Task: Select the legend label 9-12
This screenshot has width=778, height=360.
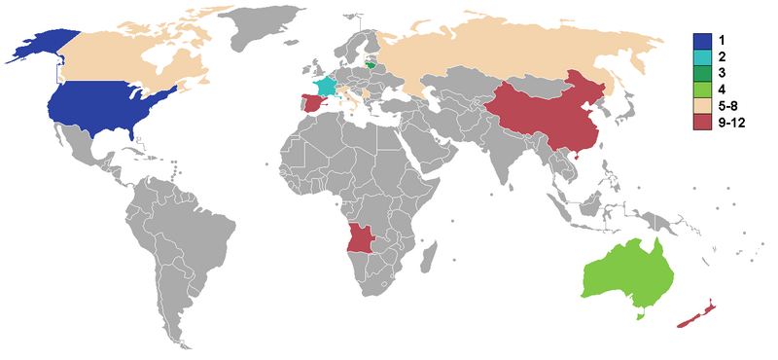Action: coord(731,124)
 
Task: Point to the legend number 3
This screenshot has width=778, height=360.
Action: coord(723,74)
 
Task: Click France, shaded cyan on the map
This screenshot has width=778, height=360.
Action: coord(325,86)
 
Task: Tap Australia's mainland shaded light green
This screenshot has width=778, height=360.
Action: coord(627,272)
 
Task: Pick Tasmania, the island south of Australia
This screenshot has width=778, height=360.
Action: coord(639,313)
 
